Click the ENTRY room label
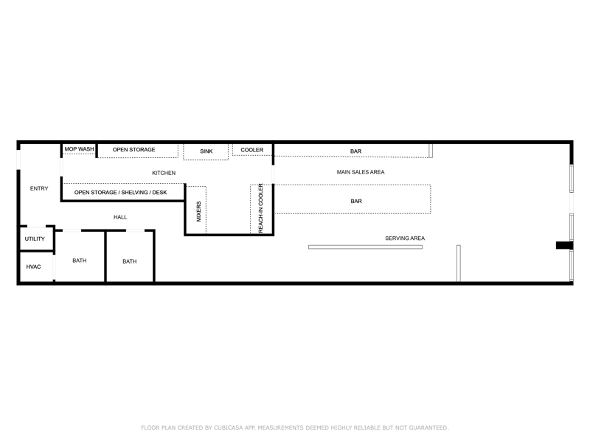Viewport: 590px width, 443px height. tap(39, 188)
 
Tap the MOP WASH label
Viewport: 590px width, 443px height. tap(79, 149)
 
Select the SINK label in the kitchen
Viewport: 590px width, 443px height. tap(206, 151)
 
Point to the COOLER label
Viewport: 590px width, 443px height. tap(252, 150)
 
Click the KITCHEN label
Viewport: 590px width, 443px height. tap(164, 173)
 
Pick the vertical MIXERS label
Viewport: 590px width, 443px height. tap(198, 211)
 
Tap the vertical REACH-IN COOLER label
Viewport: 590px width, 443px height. tap(261, 208)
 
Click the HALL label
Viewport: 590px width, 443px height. tap(120, 217)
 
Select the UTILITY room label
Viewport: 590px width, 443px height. tap(35, 238)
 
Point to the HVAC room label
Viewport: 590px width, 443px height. tap(33, 267)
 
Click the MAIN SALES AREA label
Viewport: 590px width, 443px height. tap(361, 172)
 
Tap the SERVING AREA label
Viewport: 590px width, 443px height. tap(405, 238)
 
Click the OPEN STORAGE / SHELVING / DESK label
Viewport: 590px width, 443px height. tap(120, 193)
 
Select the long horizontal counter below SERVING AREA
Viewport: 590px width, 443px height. tap(365, 247)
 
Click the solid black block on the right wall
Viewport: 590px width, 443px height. tap(564, 245)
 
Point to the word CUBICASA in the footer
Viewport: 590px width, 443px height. tap(229, 427)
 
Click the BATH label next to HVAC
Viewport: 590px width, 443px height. tap(80, 261)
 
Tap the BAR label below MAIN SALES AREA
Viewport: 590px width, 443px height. tap(356, 201)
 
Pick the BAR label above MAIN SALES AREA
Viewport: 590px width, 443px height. tap(356, 151)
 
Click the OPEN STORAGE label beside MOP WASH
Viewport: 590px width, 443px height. tap(134, 150)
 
